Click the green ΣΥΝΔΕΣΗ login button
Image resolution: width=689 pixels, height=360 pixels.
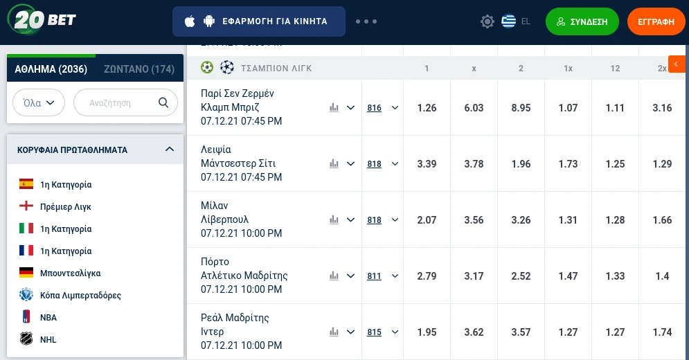tap(582, 21)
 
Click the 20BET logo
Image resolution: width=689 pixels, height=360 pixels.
tap(42, 19)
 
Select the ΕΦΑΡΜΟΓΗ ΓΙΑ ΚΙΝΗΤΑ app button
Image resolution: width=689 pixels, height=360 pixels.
tap(258, 21)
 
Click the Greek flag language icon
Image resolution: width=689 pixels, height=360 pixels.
tap(509, 21)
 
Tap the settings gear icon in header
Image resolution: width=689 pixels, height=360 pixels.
tap(487, 21)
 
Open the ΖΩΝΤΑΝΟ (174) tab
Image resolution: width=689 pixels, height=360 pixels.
tap(139, 69)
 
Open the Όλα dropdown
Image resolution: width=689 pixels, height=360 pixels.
tap(39, 102)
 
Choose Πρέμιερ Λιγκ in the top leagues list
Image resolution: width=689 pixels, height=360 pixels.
tap(66, 207)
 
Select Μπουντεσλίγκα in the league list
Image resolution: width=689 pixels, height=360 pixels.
tap(71, 273)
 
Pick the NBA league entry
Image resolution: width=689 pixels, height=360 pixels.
tap(48, 318)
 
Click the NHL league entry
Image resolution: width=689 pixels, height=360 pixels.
tap(48, 340)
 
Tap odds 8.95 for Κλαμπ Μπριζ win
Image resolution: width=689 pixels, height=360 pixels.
tap(521, 108)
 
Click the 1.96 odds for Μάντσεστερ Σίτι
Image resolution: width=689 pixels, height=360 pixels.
tap(521, 164)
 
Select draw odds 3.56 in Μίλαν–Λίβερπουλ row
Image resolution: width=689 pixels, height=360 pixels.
tap(474, 220)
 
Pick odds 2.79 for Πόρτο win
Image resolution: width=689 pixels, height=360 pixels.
tap(427, 276)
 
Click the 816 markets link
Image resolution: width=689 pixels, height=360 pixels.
tap(374, 108)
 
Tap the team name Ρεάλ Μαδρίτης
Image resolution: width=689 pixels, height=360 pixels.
tap(235, 318)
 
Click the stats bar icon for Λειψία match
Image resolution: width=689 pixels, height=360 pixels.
tap(334, 164)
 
